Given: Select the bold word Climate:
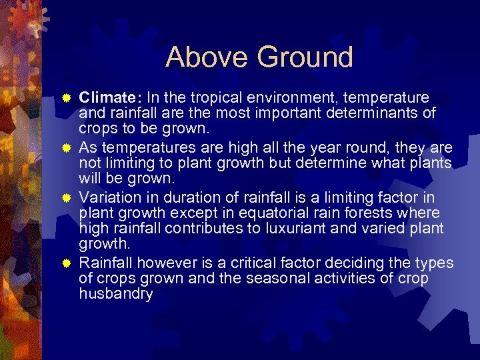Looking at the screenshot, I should click(111, 98).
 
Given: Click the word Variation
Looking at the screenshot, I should click(109, 197).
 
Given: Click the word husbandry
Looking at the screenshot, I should click(116, 293).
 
